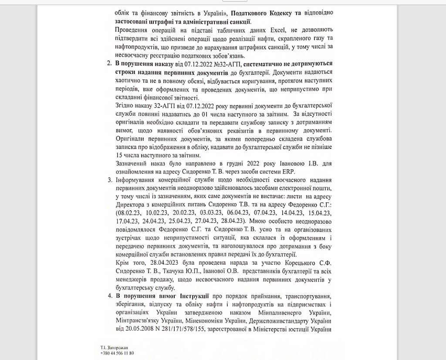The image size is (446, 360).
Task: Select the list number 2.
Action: point(109,63)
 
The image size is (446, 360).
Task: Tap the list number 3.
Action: point(109,180)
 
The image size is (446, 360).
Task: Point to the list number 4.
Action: point(109,296)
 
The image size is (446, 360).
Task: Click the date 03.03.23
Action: point(213,213)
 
